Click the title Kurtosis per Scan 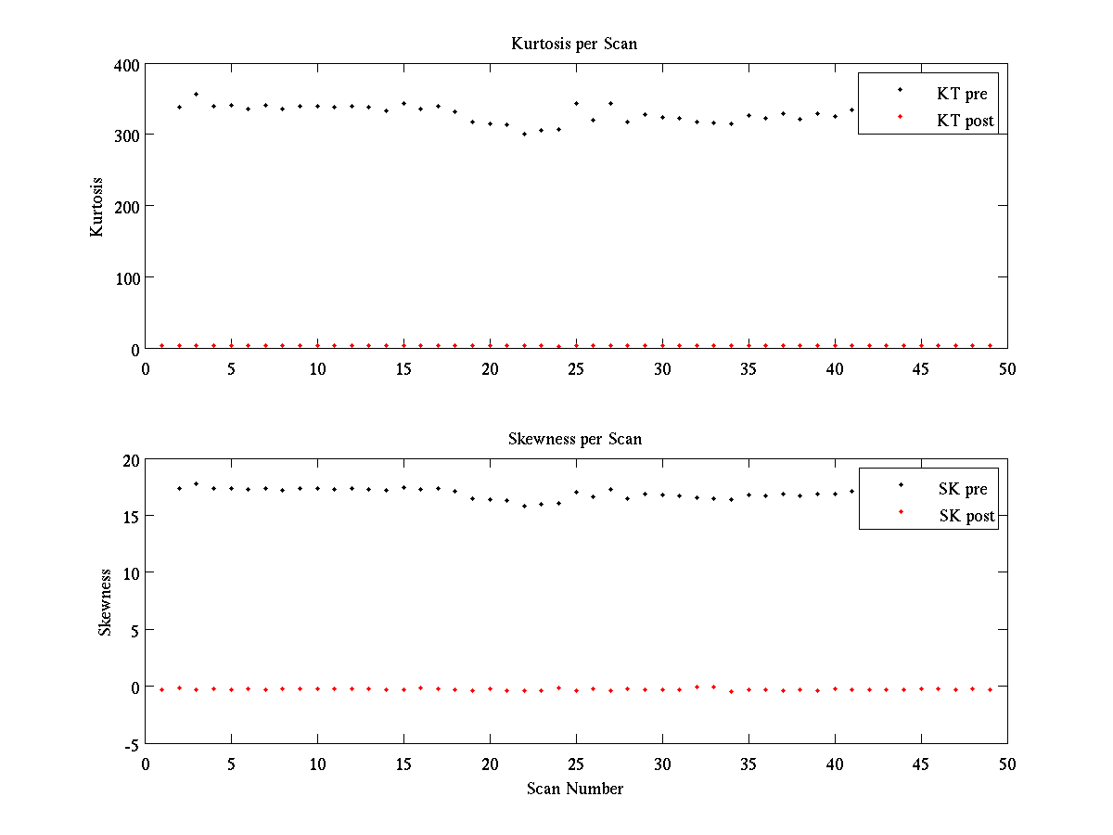(574, 44)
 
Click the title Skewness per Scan (574, 439)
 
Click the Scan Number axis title (574, 789)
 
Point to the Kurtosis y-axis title (96, 207)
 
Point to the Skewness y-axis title (105, 602)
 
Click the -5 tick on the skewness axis (132, 744)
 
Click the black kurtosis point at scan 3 (196, 94)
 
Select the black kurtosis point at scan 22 (524, 134)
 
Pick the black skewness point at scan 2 (179, 488)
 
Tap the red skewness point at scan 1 (161, 689)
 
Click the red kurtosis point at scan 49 (990, 345)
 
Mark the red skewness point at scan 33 (713, 687)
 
